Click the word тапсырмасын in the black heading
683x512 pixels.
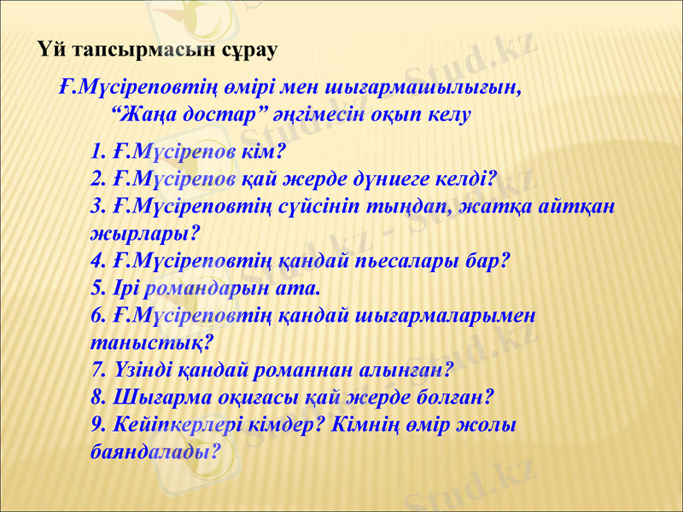click(x=143, y=50)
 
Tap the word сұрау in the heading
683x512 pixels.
click(x=245, y=50)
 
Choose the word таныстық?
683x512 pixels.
click(x=151, y=342)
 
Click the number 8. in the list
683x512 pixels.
click(x=97, y=397)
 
